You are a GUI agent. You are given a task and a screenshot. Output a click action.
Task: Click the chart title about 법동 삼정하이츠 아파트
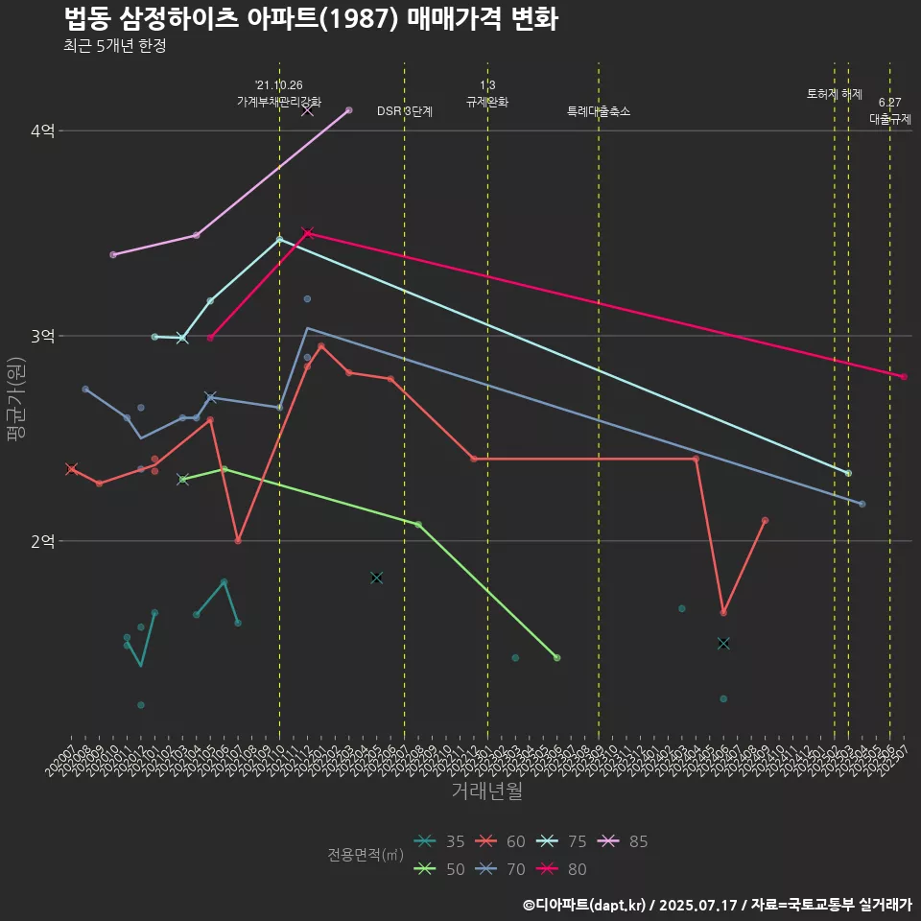[311, 19]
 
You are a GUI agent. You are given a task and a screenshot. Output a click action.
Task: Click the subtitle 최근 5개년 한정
[114, 46]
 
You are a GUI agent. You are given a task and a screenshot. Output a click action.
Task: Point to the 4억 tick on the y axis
[42, 130]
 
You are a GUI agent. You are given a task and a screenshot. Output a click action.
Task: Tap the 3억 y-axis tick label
[42, 336]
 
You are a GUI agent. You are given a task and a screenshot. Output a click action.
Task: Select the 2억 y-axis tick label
[42, 541]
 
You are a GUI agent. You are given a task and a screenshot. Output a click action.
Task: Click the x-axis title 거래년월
[486, 791]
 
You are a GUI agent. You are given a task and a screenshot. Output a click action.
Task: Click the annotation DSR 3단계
[405, 111]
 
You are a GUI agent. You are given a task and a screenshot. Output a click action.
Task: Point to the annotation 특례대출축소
[599, 111]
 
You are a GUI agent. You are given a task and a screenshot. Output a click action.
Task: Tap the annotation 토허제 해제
[835, 94]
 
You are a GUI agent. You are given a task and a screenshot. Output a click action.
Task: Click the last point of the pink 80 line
[904, 376]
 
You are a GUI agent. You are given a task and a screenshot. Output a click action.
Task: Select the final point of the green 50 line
[557, 657]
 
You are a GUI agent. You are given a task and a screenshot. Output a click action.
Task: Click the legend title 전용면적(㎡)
[365, 855]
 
